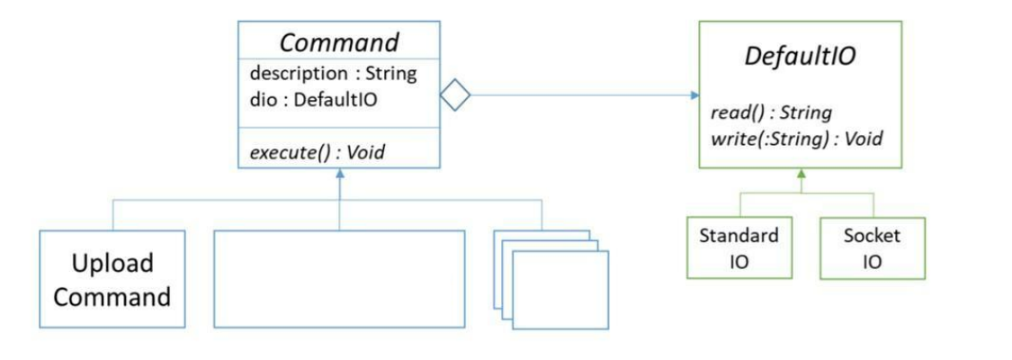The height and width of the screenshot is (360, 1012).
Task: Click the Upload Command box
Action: tap(112, 279)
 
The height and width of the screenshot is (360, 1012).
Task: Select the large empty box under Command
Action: tap(339, 279)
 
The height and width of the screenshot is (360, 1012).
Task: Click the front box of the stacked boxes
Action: tap(560, 288)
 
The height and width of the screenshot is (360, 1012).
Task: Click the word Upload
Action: tap(112, 264)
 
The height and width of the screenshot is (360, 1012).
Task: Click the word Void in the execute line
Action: tap(366, 151)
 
